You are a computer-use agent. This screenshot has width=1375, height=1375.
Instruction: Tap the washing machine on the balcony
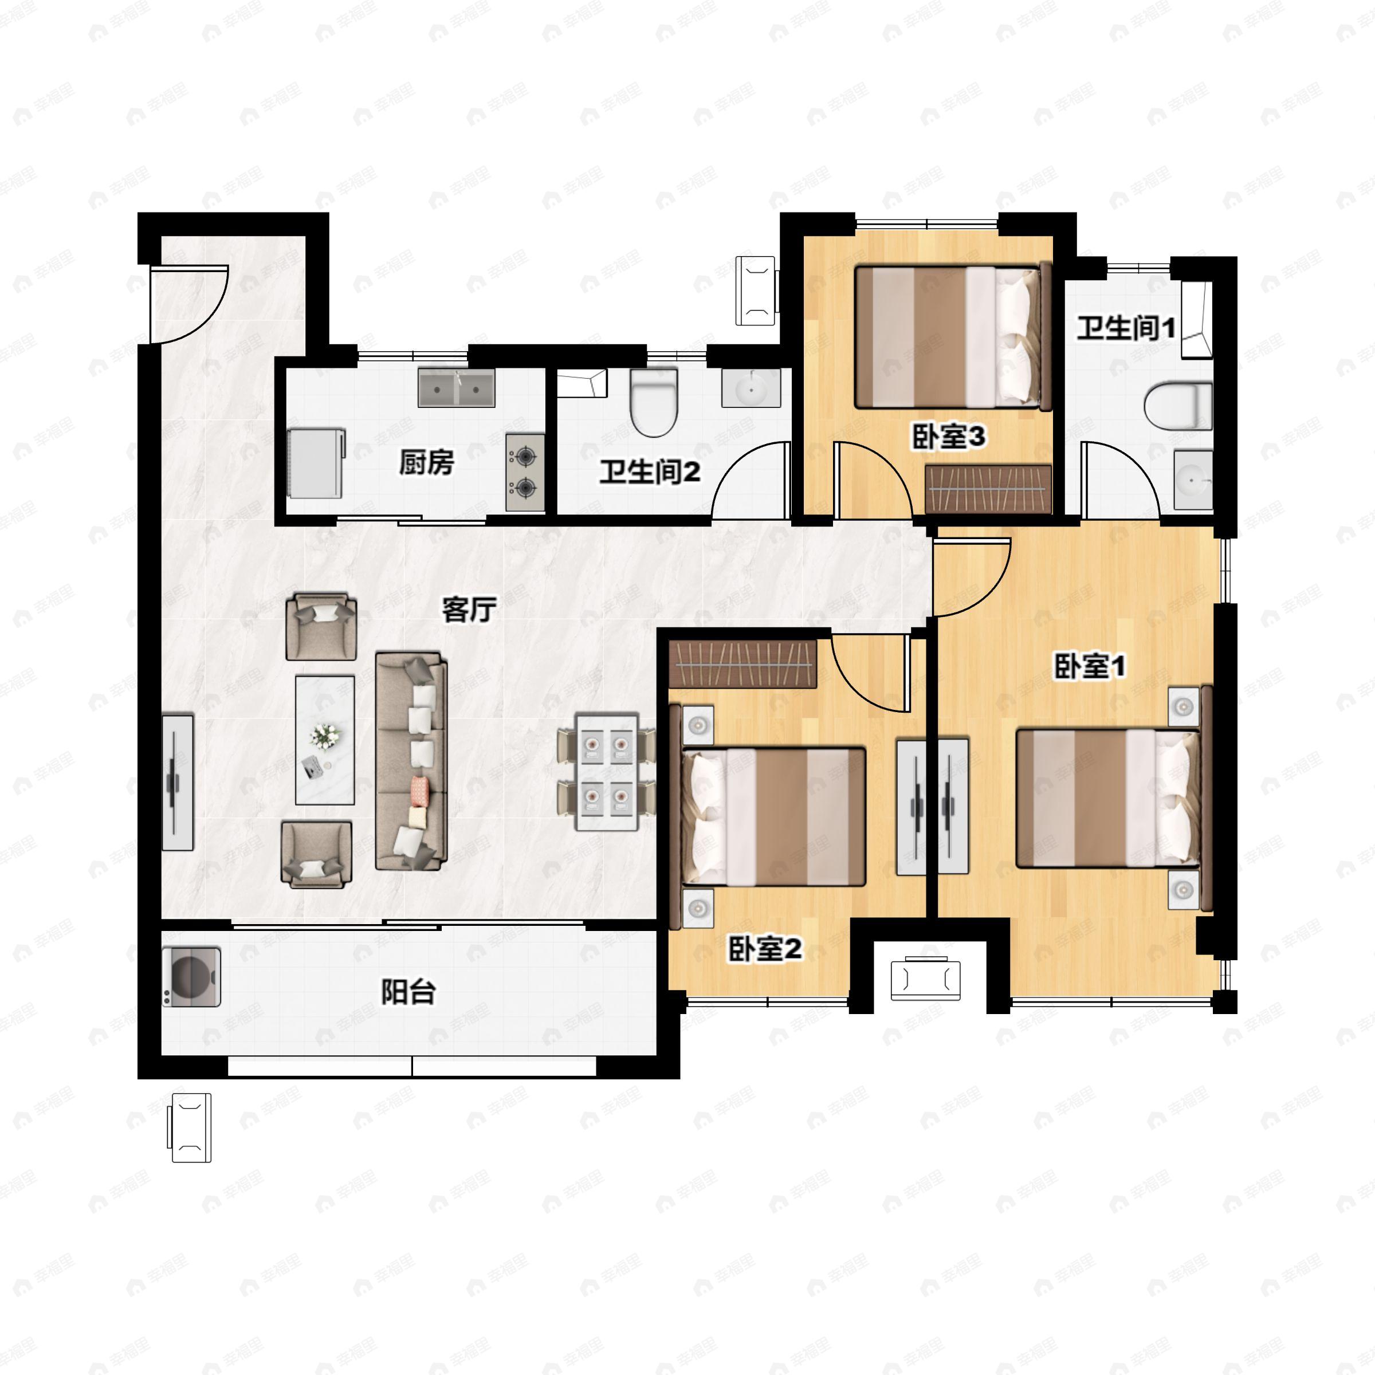tap(191, 976)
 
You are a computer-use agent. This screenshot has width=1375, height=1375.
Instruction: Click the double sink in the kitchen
tap(456, 388)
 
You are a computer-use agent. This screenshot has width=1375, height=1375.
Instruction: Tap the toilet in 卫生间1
tap(1178, 406)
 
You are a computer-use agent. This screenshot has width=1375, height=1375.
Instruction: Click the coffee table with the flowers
tap(325, 740)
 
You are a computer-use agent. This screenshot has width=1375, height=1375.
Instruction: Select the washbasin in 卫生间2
tap(751, 388)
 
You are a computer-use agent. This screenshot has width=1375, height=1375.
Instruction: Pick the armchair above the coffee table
tap(321, 626)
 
